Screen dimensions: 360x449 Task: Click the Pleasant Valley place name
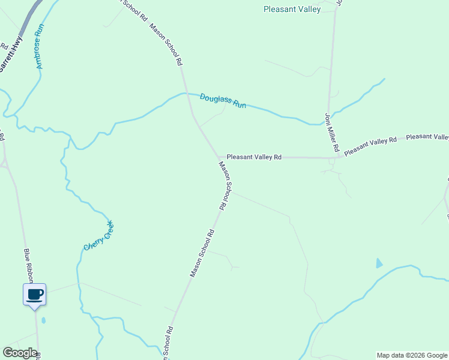[292, 9]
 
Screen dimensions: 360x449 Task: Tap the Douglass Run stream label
[223, 101]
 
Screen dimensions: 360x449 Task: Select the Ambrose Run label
[40, 49]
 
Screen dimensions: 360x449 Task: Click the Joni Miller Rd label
[333, 132]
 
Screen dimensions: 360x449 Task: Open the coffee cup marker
[34, 295]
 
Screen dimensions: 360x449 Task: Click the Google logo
[20, 353]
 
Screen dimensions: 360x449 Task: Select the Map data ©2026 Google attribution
[412, 355]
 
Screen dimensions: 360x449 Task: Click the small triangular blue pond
[378, 263]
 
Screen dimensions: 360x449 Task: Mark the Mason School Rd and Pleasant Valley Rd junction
[218, 157]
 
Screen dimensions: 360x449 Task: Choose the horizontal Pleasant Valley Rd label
[254, 157]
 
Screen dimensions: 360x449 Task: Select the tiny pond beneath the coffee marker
[43, 320]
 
